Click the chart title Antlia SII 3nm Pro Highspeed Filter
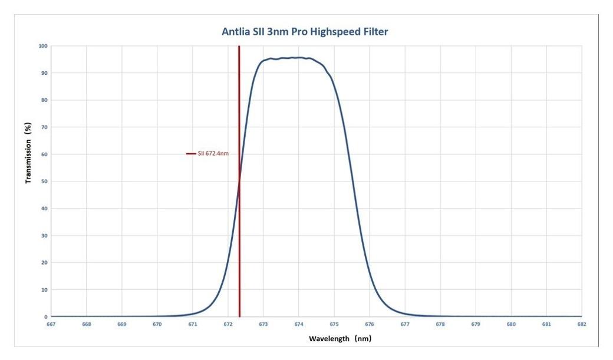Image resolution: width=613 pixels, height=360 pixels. tap(305, 32)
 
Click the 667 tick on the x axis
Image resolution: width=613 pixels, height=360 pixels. tap(51, 324)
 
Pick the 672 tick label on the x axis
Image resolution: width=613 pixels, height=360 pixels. tap(228, 324)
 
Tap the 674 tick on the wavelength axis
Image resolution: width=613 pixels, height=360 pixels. tap(299, 324)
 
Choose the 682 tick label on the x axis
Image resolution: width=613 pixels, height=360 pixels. tap(582, 324)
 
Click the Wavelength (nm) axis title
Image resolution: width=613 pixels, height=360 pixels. tap(340, 339)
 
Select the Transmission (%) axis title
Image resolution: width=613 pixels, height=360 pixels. tap(28, 153)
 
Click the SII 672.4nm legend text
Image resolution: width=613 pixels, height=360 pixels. tap(213, 154)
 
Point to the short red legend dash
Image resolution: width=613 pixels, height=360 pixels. tap(190, 154)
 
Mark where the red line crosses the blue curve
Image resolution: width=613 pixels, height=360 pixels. tap(239, 181)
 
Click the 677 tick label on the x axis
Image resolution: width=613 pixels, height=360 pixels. tap(405, 324)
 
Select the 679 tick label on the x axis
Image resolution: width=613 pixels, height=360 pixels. tap(476, 324)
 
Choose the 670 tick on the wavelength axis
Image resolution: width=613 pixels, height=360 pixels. tap(157, 324)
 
